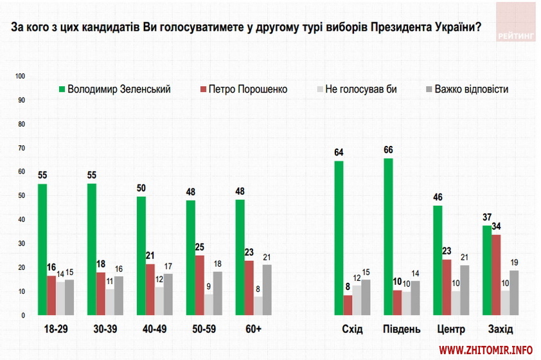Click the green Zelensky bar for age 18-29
point(42,249)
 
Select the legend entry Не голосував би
point(360,89)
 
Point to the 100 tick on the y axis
point(20,76)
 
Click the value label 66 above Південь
point(388,150)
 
